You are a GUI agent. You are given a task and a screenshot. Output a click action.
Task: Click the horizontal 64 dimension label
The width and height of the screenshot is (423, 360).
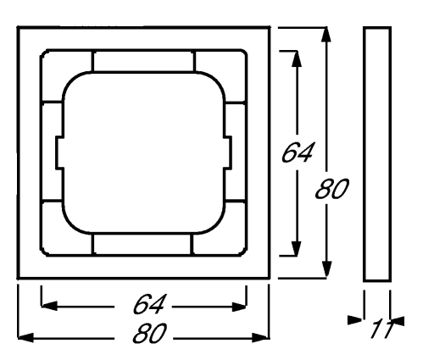coord(148,304)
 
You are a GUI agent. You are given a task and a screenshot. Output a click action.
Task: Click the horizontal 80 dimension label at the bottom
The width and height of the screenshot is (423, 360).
coord(149,333)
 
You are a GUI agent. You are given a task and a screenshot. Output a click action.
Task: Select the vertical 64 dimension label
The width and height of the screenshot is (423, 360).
coord(298,152)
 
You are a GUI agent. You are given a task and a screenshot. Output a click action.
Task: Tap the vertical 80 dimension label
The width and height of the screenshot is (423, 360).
coord(332,189)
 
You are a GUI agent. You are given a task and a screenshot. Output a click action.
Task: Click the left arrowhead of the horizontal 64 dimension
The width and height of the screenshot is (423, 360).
coord(49,306)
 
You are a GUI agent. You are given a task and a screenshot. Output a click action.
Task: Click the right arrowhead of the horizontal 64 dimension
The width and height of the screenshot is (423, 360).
coord(238,307)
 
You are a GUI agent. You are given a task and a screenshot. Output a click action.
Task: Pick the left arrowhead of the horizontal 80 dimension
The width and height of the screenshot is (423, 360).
coord(25,337)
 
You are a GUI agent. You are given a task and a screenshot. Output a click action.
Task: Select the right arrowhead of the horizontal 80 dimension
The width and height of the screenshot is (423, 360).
coord(260,337)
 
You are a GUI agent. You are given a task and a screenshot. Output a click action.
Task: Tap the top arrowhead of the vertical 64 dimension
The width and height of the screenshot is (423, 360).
coord(297,59)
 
